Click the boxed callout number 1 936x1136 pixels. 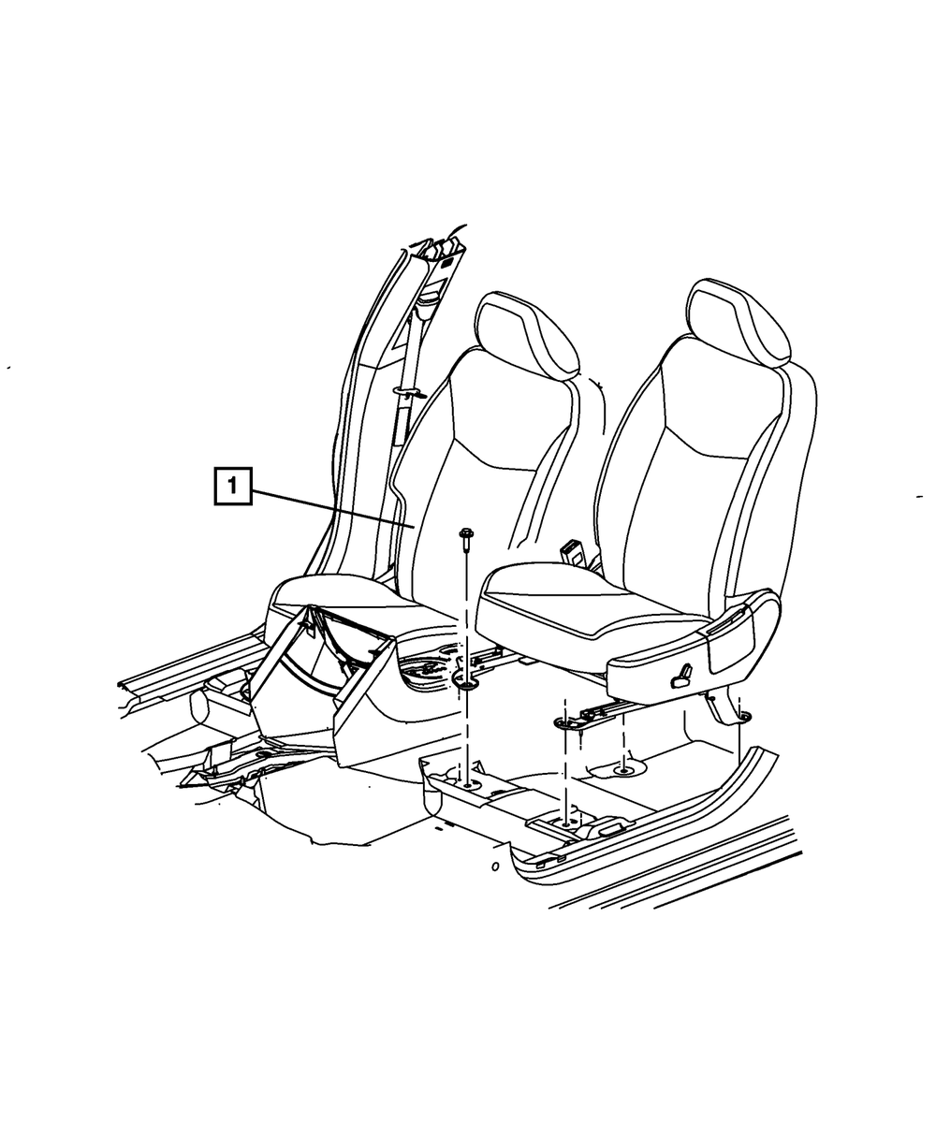click(x=233, y=487)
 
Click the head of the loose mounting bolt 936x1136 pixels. click(x=465, y=534)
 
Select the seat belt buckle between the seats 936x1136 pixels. click(x=573, y=551)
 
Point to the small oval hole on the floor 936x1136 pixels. click(x=494, y=867)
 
